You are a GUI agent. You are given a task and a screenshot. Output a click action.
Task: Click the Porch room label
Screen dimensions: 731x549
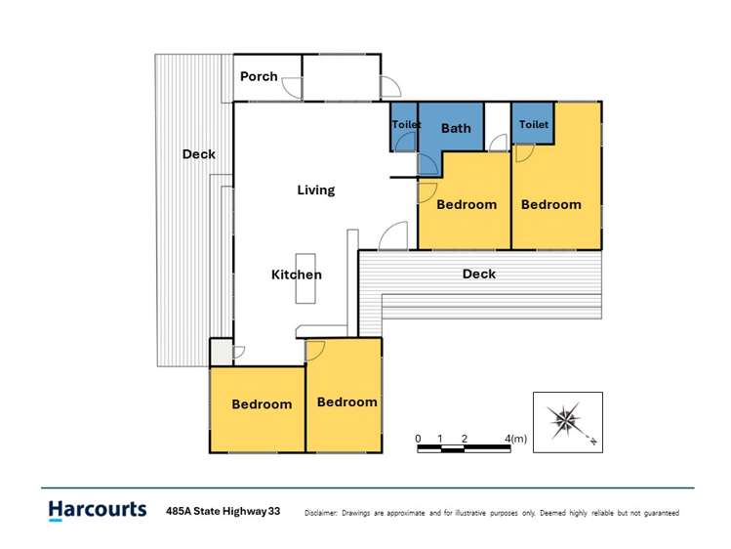(x=259, y=76)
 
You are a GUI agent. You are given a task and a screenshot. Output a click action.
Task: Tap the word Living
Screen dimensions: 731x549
(x=316, y=190)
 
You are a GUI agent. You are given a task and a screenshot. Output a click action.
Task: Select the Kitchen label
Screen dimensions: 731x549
(x=297, y=274)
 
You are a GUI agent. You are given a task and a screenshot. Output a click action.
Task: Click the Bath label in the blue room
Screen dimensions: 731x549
(x=456, y=128)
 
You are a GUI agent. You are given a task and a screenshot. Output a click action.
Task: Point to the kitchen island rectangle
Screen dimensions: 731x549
(x=305, y=278)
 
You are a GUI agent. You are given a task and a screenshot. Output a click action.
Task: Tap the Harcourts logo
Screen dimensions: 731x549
(x=98, y=510)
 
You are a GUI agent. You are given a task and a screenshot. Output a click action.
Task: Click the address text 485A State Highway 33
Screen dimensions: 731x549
(x=223, y=511)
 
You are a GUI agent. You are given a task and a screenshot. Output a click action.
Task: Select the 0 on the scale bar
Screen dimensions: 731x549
(x=418, y=439)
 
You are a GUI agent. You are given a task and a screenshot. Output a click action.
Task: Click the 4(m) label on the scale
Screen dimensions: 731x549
(x=515, y=439)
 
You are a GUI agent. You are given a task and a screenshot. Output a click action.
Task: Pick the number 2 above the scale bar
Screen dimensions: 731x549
(x=465, y=439)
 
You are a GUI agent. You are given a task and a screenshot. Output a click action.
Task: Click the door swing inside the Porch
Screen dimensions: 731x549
(x=293, y=88)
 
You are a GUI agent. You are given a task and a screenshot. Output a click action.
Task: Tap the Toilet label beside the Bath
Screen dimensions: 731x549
(x=407, y=124)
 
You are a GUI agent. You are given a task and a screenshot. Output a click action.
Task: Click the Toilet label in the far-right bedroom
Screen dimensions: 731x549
(x=534, y=124)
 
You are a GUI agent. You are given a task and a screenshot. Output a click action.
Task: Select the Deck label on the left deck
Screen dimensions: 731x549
(x=198, y=154)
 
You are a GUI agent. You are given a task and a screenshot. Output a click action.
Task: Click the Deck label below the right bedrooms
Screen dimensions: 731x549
(x=479, y=274)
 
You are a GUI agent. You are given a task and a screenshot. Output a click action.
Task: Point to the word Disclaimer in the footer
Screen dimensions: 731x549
(x=321, y=513)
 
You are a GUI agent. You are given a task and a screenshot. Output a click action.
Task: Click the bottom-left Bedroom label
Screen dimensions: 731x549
(x=262, y=404)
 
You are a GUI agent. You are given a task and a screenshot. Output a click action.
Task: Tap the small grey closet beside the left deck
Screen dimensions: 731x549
(x=221, y=353)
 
